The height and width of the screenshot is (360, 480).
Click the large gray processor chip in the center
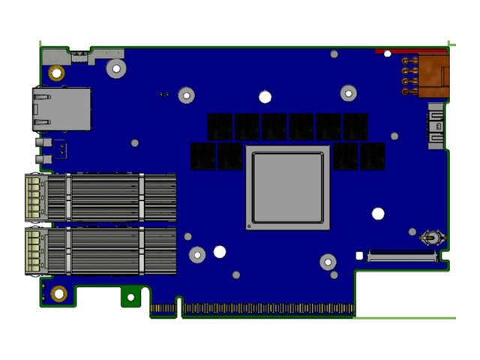(x=288, y=187)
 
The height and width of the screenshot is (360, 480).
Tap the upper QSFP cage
(x=101, y=197)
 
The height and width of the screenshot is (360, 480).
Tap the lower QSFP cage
(x=101, y=251)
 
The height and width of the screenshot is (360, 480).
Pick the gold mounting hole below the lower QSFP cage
(x=59, y=292)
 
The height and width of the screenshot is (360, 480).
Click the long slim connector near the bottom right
(x=402, y=256)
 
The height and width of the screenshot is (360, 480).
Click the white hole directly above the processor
(x=265, y=96)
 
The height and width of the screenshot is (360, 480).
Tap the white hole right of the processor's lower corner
(x=378, y=214)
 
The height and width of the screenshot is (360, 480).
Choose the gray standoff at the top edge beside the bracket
(x=115, y=69)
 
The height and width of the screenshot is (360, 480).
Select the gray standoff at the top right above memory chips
(x=348, y=93)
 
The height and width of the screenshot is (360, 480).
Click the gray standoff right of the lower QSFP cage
(x=196, y=255)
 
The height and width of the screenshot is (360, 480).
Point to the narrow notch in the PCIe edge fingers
(x=178, y=307)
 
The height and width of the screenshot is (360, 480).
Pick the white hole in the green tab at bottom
(x=130, y=297)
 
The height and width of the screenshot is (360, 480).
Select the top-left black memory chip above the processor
(x=221, y=126)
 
